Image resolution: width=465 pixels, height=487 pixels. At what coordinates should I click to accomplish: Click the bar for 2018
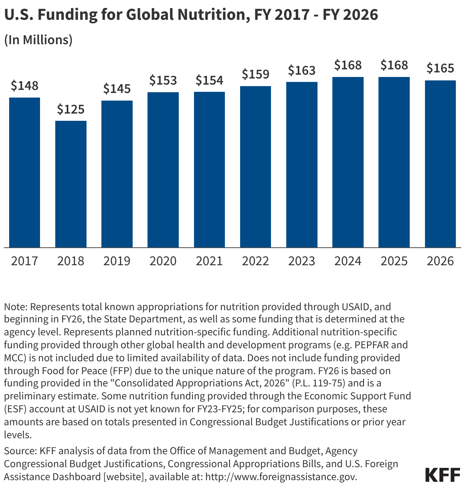(71, 184)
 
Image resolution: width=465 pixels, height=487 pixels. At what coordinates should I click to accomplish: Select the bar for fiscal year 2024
(348, 162)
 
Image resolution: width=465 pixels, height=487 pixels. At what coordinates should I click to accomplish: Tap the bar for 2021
(209, 170)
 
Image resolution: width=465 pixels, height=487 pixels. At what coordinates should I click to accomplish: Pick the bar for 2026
(440, 164)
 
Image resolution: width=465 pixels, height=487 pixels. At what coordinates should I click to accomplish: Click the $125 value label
(71, 110)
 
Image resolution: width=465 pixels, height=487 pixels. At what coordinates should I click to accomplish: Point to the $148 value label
(24, 86)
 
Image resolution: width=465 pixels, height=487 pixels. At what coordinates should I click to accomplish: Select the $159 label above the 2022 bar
(255, 74)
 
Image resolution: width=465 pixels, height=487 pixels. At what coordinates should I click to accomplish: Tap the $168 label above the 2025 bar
(394, 66)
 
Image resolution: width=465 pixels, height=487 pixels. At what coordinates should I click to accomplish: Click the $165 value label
(440, 69)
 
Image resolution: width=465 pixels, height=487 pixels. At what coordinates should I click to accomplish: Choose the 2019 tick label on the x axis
(117, 261)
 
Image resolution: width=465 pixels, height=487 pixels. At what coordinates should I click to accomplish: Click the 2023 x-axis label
(301, 261)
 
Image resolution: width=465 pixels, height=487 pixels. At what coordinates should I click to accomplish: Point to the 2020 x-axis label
(163, 261)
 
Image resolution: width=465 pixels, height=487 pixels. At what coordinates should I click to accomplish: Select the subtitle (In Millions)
(38, 40)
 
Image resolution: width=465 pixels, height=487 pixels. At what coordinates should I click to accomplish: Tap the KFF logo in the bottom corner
(443, 475)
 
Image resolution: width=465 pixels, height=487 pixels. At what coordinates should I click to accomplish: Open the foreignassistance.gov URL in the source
(281, 477)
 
